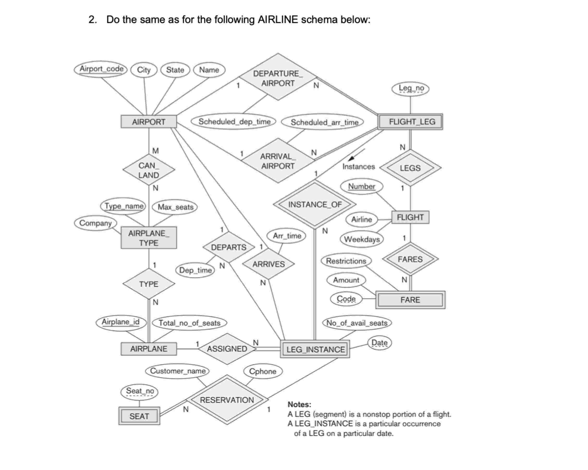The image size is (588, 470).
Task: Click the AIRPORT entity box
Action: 149,122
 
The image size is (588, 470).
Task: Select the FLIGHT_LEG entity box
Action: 410,122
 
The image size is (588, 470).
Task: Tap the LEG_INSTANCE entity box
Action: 315,349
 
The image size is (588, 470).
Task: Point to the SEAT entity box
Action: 139,416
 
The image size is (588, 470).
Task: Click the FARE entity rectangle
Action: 410,300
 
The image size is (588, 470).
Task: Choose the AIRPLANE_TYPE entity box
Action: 149,238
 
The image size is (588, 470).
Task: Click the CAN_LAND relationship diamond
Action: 149,170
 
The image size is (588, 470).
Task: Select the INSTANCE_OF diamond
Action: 315,204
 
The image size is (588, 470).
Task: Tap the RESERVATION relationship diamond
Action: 227,400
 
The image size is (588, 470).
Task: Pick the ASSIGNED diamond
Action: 227,349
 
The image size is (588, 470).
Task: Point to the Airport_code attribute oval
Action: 101,69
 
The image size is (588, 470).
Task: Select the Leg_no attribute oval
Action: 411,88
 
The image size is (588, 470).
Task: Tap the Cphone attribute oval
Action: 262,371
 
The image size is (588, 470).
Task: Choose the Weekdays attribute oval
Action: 362,239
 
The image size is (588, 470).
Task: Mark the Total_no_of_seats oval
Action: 189,323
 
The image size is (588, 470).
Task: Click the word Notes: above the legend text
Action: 299,404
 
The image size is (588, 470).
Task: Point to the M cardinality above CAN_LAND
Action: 155,151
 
